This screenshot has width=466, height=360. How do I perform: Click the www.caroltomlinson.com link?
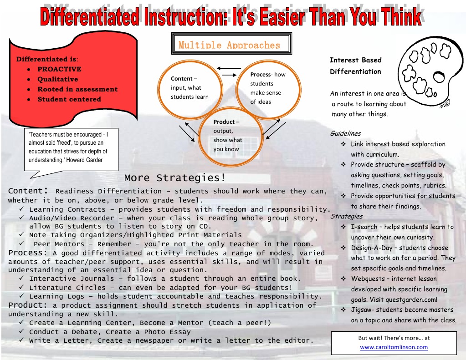point(394,347)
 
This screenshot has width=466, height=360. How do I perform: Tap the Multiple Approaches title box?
point(231,44)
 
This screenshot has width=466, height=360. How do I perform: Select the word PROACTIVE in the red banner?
point(59,69)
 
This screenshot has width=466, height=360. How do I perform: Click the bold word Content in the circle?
point(182,78)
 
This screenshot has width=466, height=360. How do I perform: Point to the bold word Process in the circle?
point(261,74)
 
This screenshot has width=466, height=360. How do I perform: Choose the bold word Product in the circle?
point(224,122)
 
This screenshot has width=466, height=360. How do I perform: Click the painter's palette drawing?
point(431,71)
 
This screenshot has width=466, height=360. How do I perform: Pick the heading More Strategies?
point(175,177)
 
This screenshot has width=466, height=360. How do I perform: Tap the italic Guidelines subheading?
point(345,133)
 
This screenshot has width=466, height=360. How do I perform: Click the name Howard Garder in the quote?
point(84,160)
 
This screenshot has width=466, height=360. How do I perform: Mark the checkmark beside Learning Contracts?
point(22,209)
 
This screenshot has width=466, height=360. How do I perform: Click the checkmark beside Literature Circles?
point(22,287)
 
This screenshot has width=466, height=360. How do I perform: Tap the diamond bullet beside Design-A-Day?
point(343,248)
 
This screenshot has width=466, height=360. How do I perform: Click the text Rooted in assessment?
point(77,89)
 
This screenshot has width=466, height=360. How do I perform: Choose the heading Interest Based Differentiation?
point(356,66)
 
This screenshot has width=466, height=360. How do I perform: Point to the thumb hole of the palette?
point(439,77)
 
